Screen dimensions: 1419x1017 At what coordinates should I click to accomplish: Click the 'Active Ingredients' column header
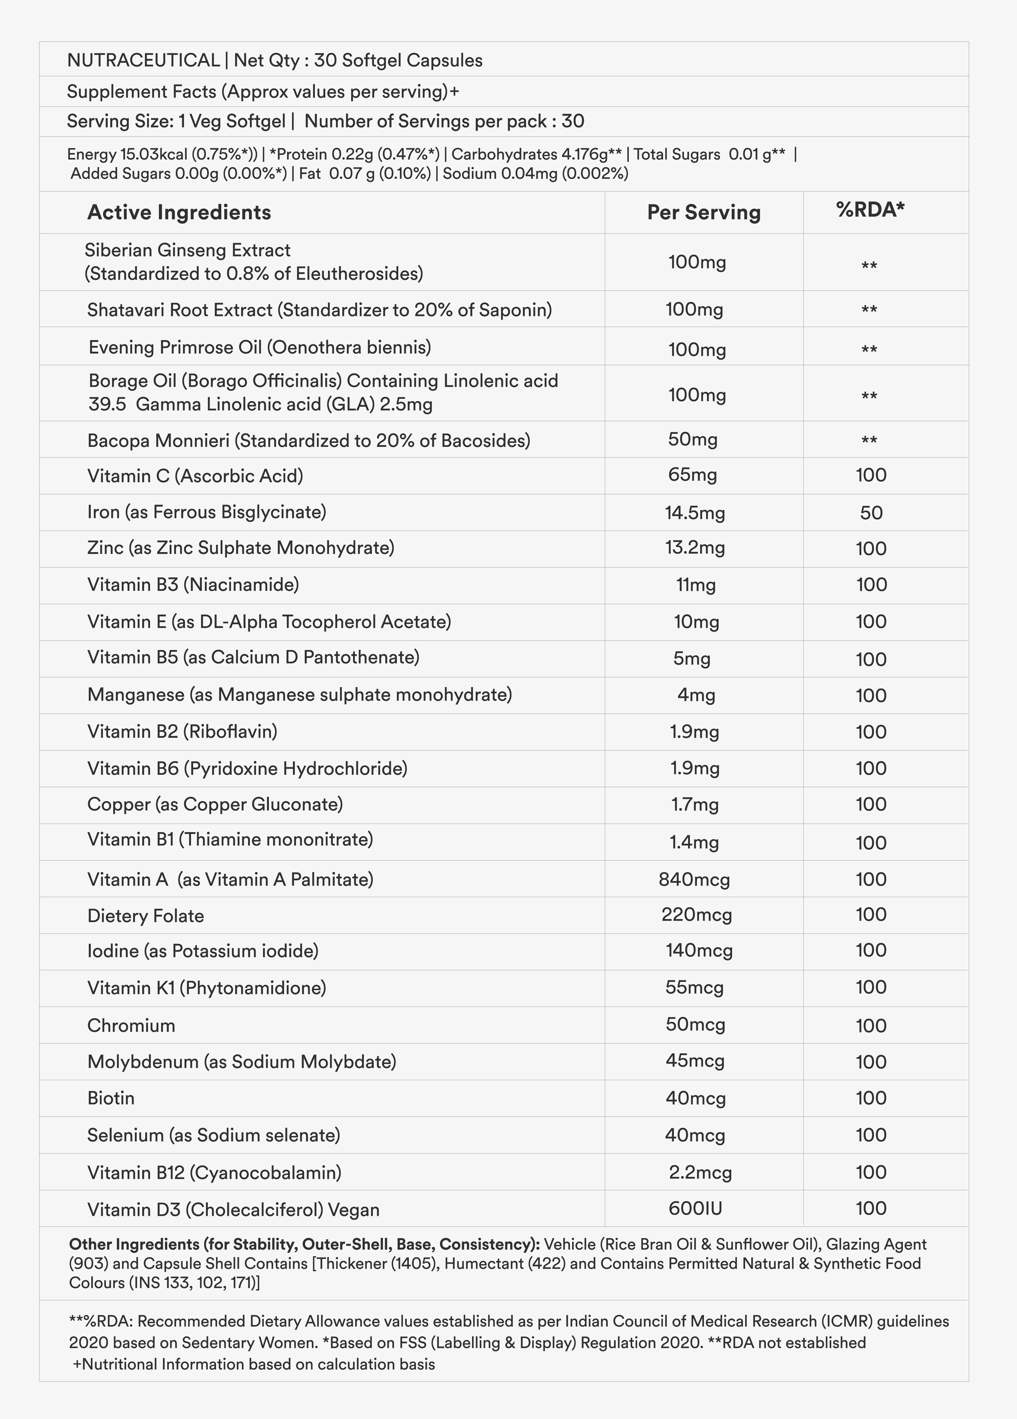tap(179, 213)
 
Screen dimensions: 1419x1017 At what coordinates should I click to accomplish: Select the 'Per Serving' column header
tap(703, 213)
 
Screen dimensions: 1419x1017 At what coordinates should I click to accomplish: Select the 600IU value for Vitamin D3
tap(695, 1209)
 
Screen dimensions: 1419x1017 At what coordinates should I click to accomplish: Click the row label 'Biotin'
tap(111, 1098)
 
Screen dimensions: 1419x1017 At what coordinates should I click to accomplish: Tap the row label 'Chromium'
tap(131, 1026)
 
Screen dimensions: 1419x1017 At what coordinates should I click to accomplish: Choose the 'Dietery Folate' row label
tap(145, 916)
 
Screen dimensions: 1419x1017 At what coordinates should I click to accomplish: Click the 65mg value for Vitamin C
tap(692, 475)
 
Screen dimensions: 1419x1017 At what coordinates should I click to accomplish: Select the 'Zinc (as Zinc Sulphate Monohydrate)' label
tap(240, 548)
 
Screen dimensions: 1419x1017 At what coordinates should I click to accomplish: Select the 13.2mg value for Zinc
tap(695, 548)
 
